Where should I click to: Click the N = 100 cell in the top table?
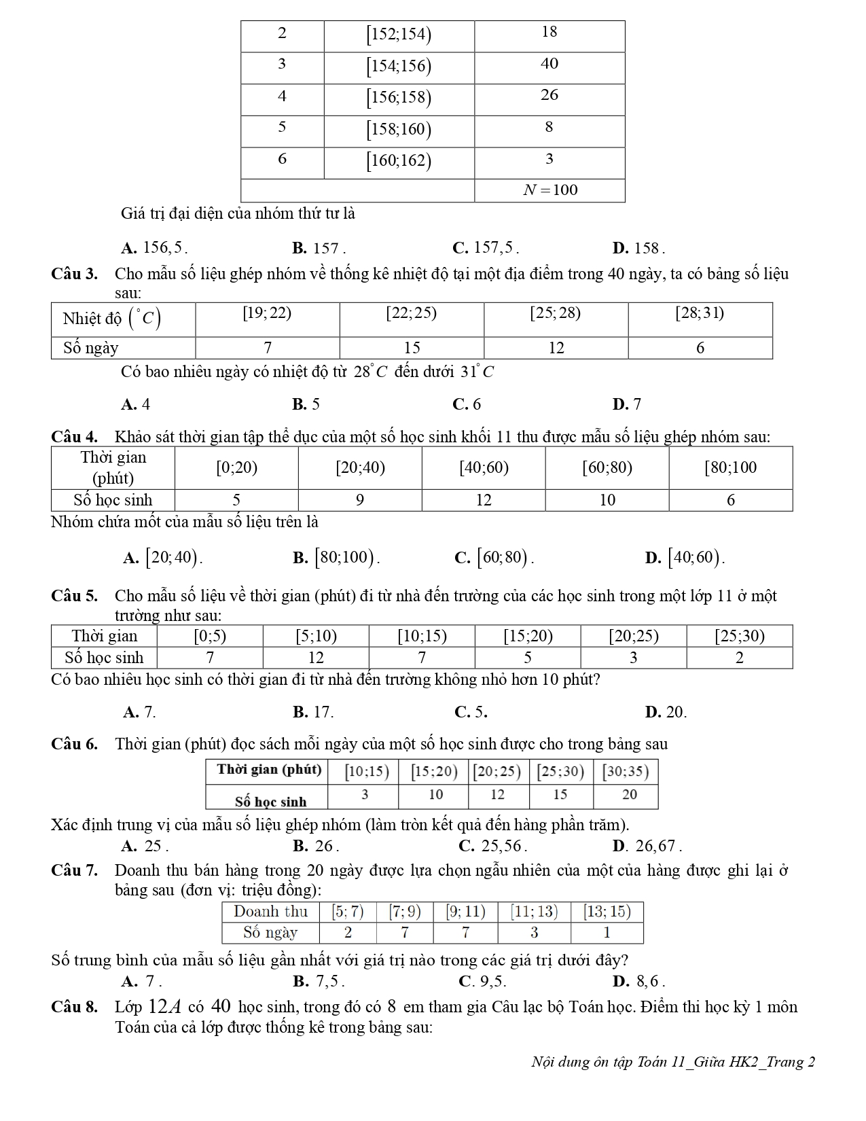click(x=549, y=190)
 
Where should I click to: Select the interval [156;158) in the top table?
click(x=399, y=98)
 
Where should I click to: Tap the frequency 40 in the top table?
click(x=549, y=64)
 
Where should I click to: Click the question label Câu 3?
click(x=74, y=274)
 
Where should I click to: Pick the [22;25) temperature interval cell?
click(x=412, y=313)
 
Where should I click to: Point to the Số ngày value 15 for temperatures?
click(x=412, y=348)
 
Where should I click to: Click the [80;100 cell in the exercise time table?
click(x=730, y=467)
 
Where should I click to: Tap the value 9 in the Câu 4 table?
click(x=360, y=500)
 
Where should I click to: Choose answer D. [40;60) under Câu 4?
click(x=686, y=558)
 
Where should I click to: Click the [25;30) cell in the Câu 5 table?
click(x=740, y=637)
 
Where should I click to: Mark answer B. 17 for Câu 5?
click(x=313, y=712)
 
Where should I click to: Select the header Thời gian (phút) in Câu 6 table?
click(x=269, y=770)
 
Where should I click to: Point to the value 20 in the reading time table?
click(x=629, y=794)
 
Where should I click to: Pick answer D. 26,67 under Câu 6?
click(x=647, y=846)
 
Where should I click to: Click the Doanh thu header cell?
click(x=271, y=912)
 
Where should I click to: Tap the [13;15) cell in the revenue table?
click(x=607, y=912)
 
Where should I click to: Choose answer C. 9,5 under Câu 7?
click(x=483, y=981)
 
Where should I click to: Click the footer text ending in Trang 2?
click(x=672, y=1062)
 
